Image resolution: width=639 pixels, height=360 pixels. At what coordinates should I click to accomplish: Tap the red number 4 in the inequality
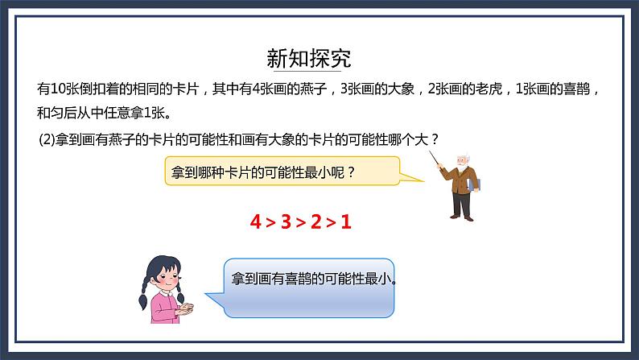(256, 221)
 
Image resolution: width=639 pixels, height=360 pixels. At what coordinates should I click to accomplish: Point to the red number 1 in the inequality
(347, 221)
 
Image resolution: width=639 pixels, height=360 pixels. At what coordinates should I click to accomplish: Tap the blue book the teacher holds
(474, 185)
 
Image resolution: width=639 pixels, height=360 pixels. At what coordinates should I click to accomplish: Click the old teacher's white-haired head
(462, 159)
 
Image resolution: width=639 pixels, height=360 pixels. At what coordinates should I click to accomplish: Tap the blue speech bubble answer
(309, 281)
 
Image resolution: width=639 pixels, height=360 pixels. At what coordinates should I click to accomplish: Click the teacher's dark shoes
(461, 216)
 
